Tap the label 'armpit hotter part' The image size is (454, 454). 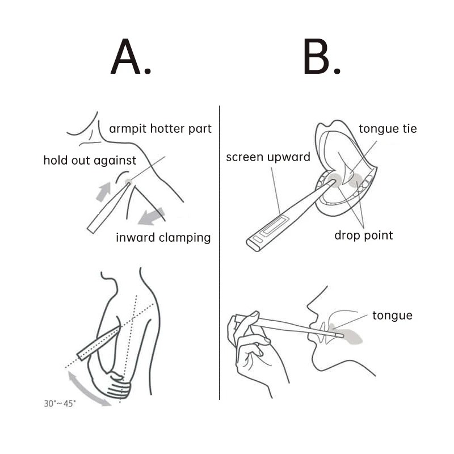tap(160, 128)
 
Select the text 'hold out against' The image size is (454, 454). tap(90, 161)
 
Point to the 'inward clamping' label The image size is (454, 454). tap(163, 237)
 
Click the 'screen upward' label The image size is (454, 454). tap(268, 157)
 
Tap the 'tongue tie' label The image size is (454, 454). tap(388, 129)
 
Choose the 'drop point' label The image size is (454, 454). tap(363, 235)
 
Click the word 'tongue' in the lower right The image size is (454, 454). tap(392, 316)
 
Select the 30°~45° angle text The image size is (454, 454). tap(60, 404)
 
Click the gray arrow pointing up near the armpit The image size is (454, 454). tap(103, 191)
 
